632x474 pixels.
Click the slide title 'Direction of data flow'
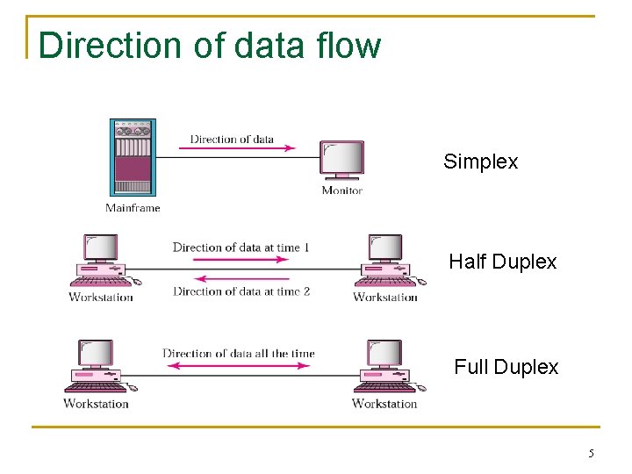coord(210,46)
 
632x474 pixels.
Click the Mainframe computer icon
coord(133,157)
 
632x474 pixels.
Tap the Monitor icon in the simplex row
coord(341,161)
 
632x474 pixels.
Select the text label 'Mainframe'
coord(133,208)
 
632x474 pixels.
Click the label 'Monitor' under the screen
coord(341,190)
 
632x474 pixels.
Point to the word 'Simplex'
coord(480,162)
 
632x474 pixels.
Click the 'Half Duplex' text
coord(502,262)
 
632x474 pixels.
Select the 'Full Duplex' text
coord(506,367)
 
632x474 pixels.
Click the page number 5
coord(591,454)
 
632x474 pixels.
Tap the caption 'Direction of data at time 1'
coord(241,248)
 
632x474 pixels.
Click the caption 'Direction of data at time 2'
coord(241,291)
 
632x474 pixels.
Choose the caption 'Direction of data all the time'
coord(238,354)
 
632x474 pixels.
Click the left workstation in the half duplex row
coord(102,261)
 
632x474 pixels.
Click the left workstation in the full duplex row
coord(98,366)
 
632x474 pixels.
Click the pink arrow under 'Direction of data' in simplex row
coord(237,149)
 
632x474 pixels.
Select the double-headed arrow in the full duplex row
coord(238,366)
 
